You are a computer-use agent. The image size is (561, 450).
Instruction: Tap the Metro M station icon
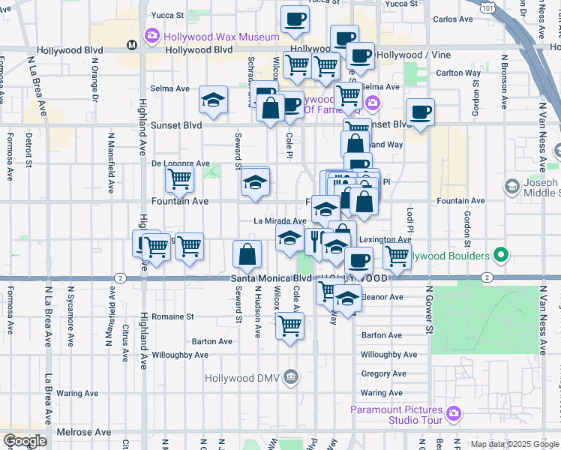pos(132,45)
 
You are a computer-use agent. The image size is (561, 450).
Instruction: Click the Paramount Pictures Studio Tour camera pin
pos(453,413)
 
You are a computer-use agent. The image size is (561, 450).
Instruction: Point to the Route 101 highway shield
pos(488,7)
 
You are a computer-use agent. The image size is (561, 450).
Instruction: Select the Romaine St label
pos(172,316)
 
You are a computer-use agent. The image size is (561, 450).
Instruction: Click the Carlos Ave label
pos(454,19)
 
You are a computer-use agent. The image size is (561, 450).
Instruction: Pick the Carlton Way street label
pos(458,73)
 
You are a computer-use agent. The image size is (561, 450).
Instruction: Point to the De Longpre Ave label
pos(180,163)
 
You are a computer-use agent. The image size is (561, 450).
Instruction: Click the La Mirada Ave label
pos(279,221)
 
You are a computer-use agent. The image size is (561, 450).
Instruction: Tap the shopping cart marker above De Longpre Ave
pos(179,178)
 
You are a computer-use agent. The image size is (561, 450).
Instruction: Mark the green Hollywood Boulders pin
pos(502,256)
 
